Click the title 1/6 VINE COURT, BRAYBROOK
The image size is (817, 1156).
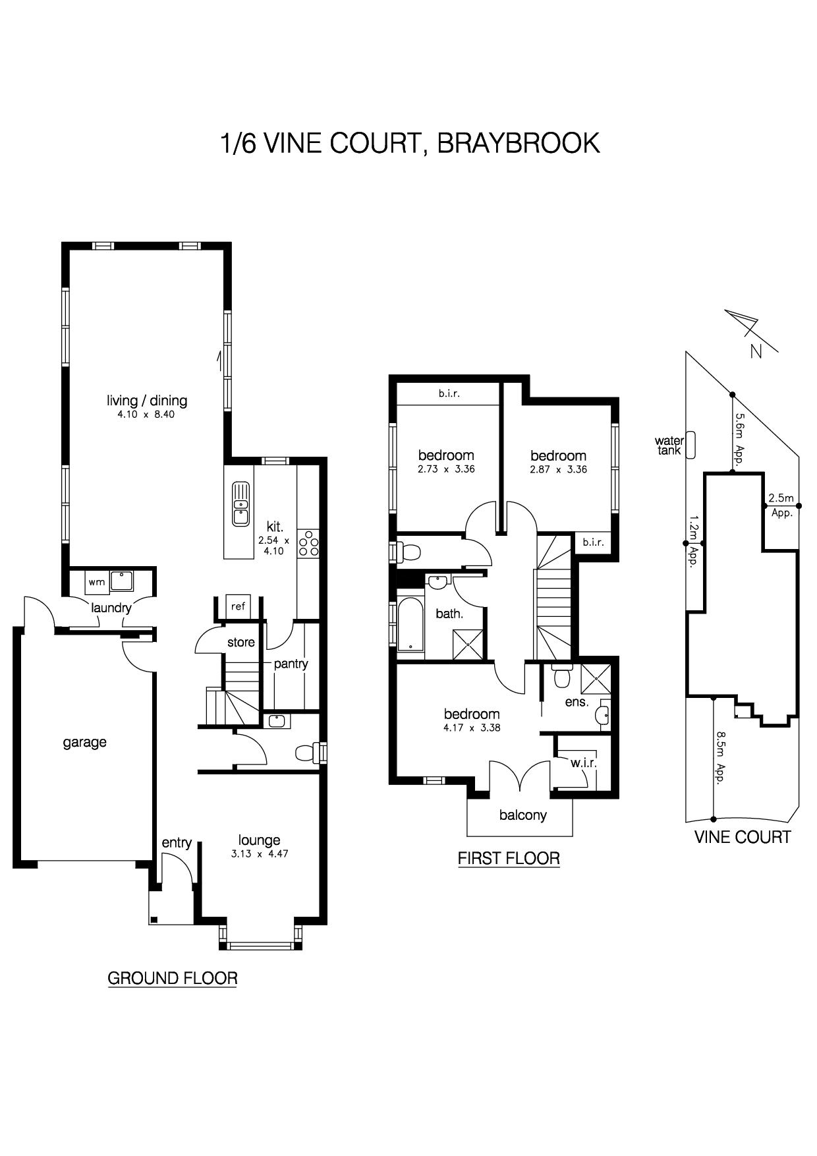pos(410,143)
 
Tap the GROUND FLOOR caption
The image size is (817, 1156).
pos(172,978)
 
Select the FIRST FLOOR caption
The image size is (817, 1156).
pos(509,858)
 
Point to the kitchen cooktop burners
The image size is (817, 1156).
pos(308,542)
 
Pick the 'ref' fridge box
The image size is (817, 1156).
pos(239,606)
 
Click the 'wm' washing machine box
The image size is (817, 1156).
pos(97,583)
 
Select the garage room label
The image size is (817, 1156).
pos(85,743)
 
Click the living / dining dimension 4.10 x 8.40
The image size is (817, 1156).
pos(146,415)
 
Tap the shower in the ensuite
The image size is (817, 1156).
pos(596,679)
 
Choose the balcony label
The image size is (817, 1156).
pos(523,815)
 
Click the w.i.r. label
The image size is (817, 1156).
pos(584,763)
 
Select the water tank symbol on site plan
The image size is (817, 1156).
pos(690,446)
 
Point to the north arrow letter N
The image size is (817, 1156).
pos(756,351)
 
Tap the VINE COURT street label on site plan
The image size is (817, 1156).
pos(743,837)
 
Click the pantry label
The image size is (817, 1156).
pos(291,664)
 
